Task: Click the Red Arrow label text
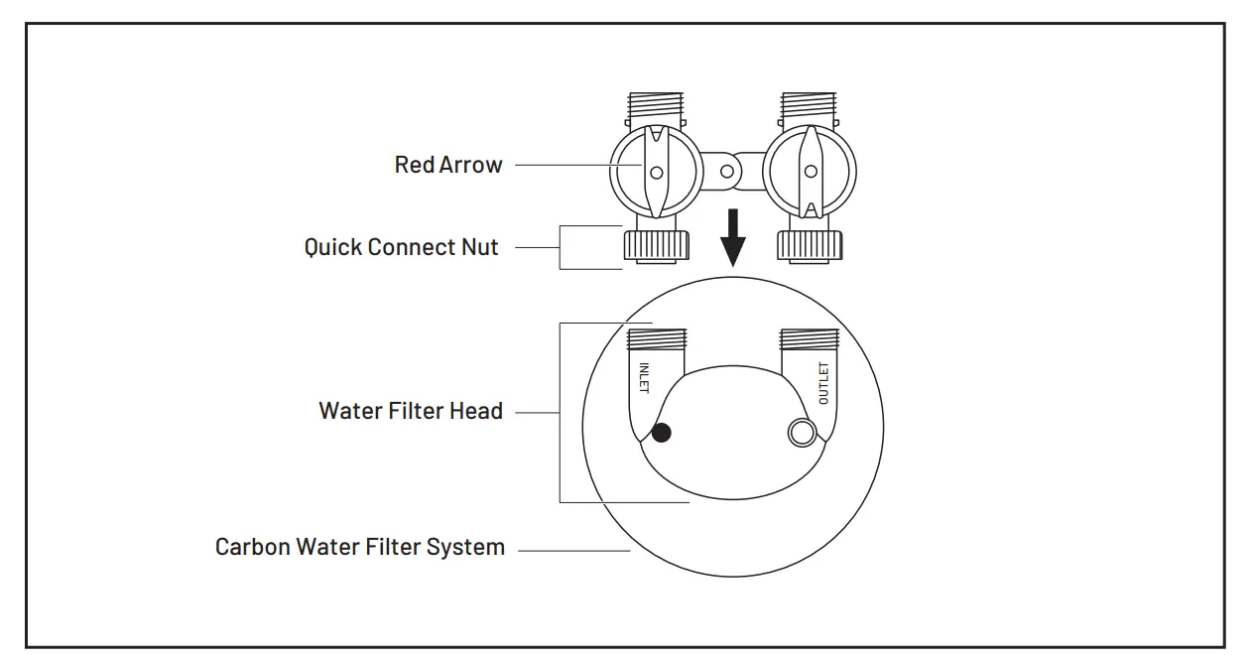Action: coord(448,165)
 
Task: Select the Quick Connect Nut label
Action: coord(401,246)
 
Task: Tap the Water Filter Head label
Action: coord(411,410)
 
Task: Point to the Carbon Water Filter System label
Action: coord(360,547)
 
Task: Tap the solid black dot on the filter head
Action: coord(661,432)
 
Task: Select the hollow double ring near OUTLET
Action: coord(801,432)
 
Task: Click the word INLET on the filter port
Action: coord(644,378)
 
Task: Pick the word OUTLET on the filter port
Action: coord(822,383)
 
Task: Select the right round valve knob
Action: coord(810,171)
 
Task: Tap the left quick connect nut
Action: coord(656,244)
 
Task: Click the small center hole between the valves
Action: coord(728,171)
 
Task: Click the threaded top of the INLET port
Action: coord(656,340)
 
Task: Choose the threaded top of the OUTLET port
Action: coord(810,340)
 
